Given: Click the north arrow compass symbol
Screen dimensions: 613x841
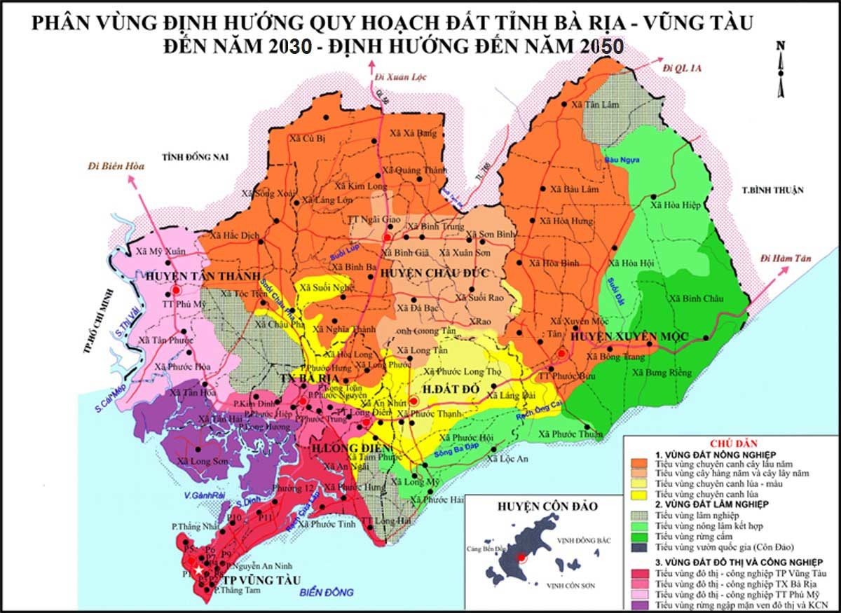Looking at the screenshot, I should (x=780, y=67).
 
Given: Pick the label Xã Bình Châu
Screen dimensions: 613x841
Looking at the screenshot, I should (x=693, y=298).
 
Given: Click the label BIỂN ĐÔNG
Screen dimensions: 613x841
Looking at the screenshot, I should (x=327, y=593).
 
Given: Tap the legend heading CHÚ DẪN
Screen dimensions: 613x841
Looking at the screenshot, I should (x=728, y=443).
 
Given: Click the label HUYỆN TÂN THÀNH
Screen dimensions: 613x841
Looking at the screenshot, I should (x=198, y=275).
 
